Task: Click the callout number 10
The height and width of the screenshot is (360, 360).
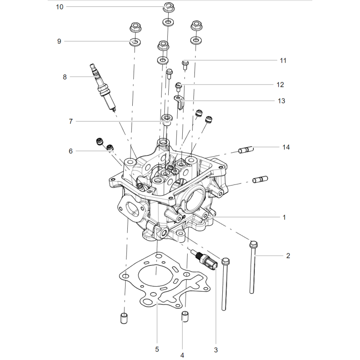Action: point(59,7)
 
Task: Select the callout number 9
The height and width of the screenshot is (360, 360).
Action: point(59,41)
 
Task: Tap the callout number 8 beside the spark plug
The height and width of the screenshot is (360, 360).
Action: point(65,77)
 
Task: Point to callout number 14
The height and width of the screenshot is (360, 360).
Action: point(286,147)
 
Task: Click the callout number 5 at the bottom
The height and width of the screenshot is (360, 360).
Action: point(157,350)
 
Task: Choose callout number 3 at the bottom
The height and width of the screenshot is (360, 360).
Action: point(216,350)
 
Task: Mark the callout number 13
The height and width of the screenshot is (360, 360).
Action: point(282,101)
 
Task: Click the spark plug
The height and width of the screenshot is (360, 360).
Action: point(103,88)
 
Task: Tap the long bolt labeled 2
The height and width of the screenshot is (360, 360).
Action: point(253,267)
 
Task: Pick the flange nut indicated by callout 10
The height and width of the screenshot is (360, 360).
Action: point(169,7)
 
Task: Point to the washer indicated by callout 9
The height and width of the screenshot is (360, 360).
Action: point(135,42)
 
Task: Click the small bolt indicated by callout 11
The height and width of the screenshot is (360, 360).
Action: point(185,65)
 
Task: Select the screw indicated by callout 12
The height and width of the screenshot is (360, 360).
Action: point(178,87)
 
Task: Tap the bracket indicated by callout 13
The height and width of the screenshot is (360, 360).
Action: point(179,103)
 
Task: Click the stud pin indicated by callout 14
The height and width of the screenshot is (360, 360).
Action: point(246,150)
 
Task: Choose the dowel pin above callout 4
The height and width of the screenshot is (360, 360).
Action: point(185,316)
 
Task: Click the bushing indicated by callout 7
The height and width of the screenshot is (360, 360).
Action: point(167,120)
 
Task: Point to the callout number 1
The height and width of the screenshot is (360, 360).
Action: point(284,217)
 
